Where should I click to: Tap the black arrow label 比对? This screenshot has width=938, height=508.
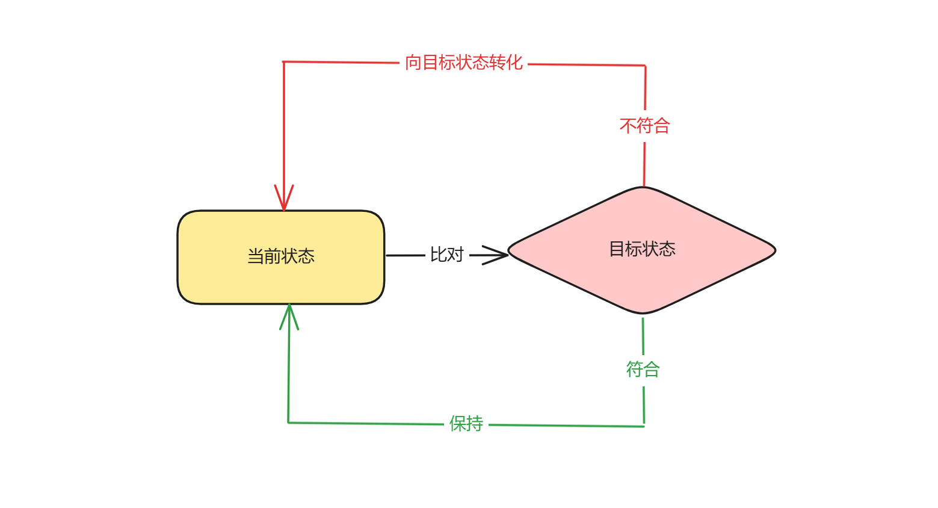coord(446,255)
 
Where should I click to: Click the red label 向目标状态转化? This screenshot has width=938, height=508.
coord(463,63)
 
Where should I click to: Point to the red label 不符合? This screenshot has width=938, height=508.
coord(644,126)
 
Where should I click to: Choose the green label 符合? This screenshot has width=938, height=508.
coord(643,369)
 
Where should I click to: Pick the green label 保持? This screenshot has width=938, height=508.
coord(466,424)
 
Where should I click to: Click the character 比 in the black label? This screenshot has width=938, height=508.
coord(438,255)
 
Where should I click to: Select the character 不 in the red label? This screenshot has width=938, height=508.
coord(628,126)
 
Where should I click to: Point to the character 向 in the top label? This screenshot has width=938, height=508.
coord(413,63)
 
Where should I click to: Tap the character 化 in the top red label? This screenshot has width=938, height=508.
coord(514,63)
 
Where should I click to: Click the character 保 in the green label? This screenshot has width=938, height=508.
coord(457,424)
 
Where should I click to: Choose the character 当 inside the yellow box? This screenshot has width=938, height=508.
coord(256,256)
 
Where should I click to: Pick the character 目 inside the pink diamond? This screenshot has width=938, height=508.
coord(617,249)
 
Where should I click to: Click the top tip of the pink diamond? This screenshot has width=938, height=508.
coord(643,188)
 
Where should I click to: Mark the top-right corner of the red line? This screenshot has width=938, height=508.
coord(645,65)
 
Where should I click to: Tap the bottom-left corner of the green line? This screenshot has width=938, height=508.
coord(288,423)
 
